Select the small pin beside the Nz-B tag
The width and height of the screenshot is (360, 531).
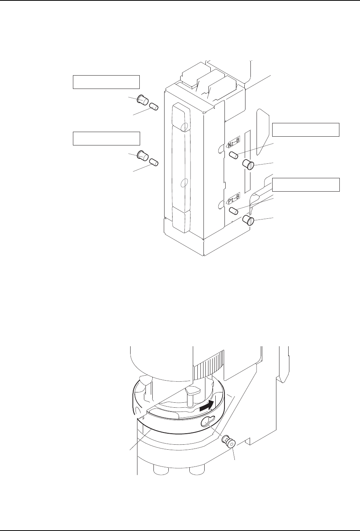click(234, 155)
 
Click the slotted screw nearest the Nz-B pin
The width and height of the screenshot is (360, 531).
click(249, 165)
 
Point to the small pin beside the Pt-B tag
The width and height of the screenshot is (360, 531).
click(234, 210)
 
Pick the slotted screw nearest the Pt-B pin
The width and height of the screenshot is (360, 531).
click(249, 220)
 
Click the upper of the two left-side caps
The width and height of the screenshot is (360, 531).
click(142, 100)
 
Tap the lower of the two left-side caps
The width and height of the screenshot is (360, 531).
click(142, 156)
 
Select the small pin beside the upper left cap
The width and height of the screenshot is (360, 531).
click(154, 106)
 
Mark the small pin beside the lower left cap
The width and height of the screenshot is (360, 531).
click(154, 162)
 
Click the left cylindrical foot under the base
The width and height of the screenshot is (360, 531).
click(159, 472)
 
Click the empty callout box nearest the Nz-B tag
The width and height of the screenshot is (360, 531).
click(305, 130)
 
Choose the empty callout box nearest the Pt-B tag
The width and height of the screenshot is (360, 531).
click(305, 185)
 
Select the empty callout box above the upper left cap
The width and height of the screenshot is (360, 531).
click(106, 82)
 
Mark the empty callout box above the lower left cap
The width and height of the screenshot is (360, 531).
click(106, 138)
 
